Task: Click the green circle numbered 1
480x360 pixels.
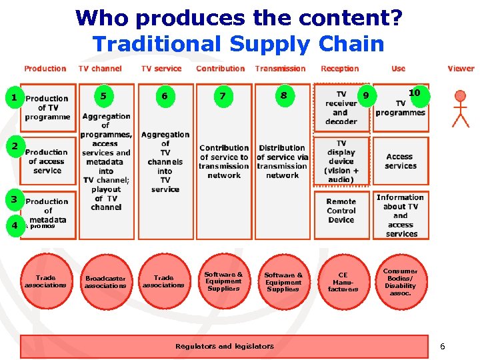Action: (x=14, y=99)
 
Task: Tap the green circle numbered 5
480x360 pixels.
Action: (x=103, y=96)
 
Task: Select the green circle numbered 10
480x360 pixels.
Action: (x=415, y=93)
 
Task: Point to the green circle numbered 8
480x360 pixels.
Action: (x=283, y=96)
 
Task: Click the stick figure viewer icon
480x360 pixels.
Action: (x=460, y=108)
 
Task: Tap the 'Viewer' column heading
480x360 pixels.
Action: (x=461, y=68)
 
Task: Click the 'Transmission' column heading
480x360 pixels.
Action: (x=280, y=68)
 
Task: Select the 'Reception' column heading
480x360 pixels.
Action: (x=339, y=68)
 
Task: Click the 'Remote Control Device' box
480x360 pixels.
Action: (x=341, y=211)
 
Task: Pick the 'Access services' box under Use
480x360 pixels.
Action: (x=400, y=161)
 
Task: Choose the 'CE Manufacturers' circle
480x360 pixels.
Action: (x=343, y=282)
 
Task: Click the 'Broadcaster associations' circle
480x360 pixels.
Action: (x=105, y=282)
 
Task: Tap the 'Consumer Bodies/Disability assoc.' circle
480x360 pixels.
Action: (x=400, y=282)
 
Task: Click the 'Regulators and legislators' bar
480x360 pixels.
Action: (x=225, y=346)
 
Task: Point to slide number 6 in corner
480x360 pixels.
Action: (x=442, y=347)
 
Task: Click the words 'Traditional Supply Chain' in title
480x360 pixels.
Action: (x=238, y=44)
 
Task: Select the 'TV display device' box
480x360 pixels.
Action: (x=341, y=161)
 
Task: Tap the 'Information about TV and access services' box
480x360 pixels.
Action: (x=400, y=215)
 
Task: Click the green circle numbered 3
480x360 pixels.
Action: (x=14, y=199)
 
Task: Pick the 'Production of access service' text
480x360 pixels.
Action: (x=47, y=161)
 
